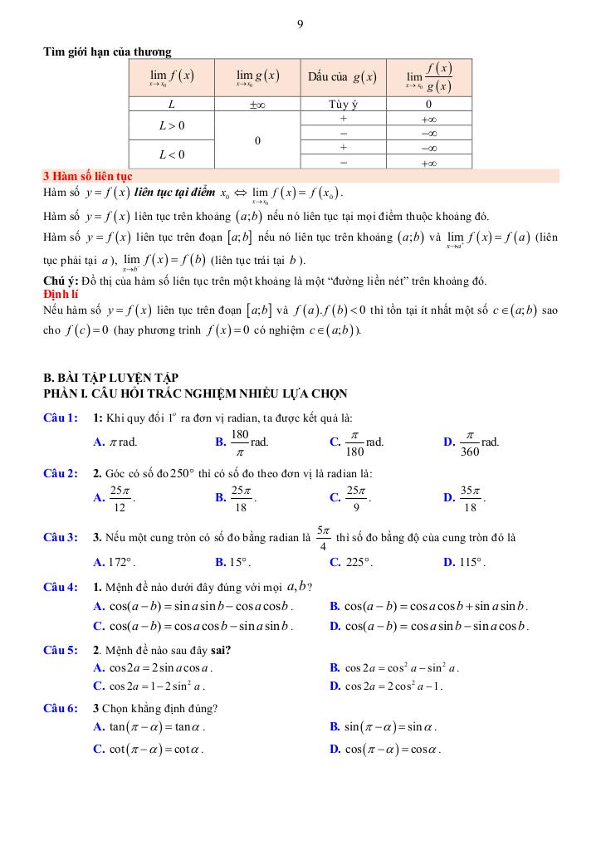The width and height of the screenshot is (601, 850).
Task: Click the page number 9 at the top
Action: (x=300, y=24)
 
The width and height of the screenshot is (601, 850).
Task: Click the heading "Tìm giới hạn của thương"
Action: (x=107, y=51)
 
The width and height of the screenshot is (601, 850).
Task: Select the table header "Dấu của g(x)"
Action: (x=342, y=77)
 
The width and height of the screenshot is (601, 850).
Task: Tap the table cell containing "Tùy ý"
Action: (x=342, y=105)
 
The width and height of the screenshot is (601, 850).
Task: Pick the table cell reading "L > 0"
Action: (x=172, y=126)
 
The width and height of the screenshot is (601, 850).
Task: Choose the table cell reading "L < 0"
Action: (x=172, y=154)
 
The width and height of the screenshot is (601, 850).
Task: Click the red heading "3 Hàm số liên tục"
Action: (x=87, y=176)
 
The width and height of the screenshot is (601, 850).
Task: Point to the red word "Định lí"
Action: (x=61, y=294)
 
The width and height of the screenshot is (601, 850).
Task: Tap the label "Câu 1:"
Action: (x=61, y=418)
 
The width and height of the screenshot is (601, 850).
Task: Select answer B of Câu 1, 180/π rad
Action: (x=242, y=442)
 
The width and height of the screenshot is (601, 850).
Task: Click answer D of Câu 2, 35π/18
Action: (x=465, y=497)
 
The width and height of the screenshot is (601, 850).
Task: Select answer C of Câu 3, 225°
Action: (x=351, y=562)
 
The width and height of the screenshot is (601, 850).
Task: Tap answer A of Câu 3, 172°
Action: (x=115, y=562)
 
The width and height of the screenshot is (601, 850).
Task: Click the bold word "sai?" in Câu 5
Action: (x=218, y=650)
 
